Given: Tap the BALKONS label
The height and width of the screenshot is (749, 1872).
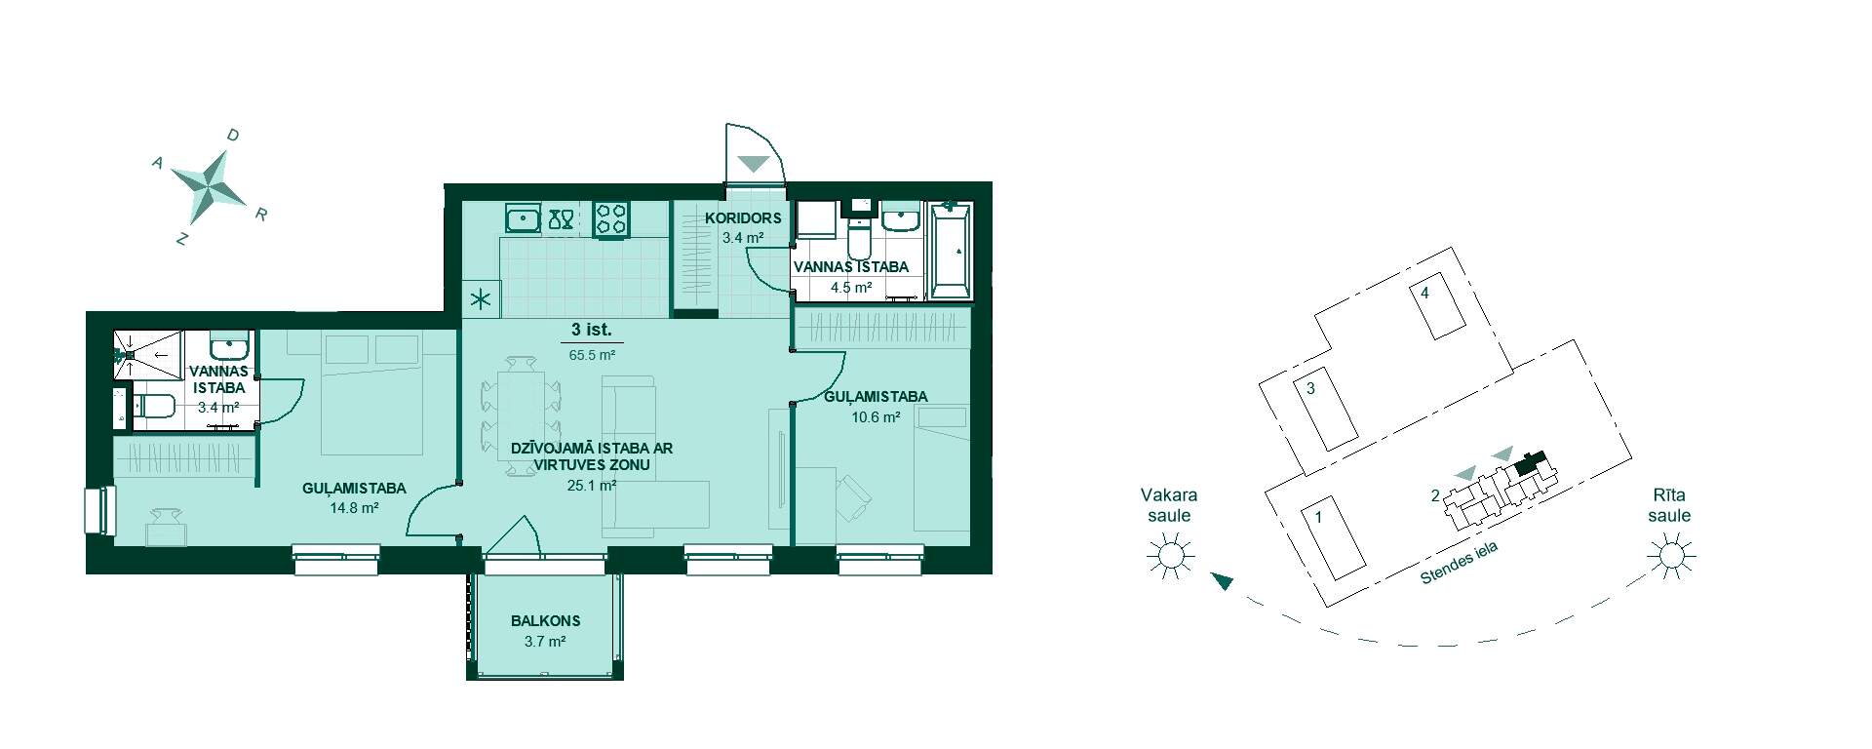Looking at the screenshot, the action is (x=545, y=620).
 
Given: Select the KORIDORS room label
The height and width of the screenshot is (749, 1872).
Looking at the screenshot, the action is (x=743, y=217).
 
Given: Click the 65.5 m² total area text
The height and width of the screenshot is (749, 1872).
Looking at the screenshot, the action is (x=592, y=356).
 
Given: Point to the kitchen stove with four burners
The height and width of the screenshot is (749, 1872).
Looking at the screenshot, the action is (x=611, y=218).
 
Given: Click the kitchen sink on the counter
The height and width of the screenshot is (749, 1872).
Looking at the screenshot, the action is (x=523, y=218).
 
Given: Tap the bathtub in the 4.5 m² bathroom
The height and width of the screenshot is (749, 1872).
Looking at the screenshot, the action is (x=951, y=251).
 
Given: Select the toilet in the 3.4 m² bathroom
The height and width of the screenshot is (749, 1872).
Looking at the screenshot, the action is (x=153, y=407).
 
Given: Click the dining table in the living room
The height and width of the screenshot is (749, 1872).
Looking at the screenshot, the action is (x=522, y=416).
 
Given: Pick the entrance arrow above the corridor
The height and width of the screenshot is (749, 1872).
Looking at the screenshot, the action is (x=754, y=163).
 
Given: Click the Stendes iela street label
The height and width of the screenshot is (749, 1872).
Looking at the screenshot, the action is (x=1459, y=564).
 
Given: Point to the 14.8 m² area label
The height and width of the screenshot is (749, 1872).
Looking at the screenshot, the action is (x=354, y=508).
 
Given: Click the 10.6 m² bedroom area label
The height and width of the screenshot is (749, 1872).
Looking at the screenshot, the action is (x=875, y=416).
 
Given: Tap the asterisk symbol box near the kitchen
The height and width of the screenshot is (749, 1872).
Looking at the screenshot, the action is (x=482, y=300).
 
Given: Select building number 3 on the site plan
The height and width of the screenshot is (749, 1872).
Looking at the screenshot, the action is (x=1325, y=414).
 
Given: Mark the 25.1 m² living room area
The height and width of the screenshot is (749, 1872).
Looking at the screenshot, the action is (x=592, y=485).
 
